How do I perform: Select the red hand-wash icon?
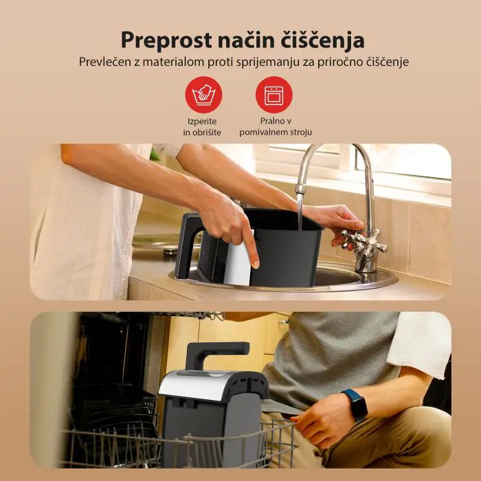pyautogui.click(x=203, y=95)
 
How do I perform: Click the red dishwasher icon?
pyautogui.click(x=273, y=95)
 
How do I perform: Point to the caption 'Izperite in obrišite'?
pyautogui.click(x=203, y=126)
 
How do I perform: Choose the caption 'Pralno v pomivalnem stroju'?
pyautogui.click(x=273, y=126)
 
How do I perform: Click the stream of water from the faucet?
pyautogui.click(x=300, y=206)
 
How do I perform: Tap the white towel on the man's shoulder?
pyautogui.click(x=418, y=344)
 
